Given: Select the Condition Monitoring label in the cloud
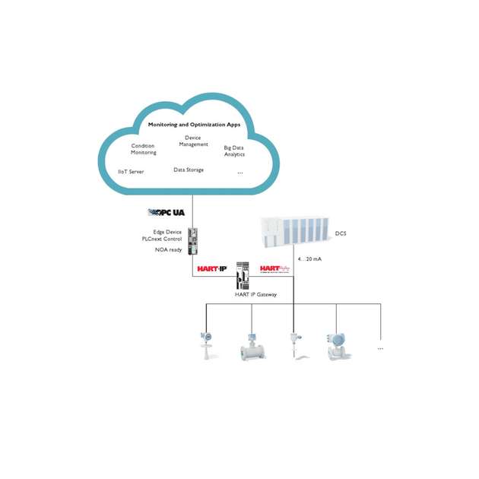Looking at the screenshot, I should (x=143, y=149).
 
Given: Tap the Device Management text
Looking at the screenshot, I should (x=192, y=141).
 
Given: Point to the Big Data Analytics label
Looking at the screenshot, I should (x=234, y=151).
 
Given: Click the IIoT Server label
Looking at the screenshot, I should (x=131, y=172).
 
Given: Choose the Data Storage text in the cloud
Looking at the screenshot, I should (x=189, y=170).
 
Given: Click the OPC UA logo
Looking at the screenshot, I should (x=166, y=212).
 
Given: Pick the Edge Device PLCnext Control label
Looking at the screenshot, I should (x=162, y=235).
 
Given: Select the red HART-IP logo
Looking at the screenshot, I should (x=212, y=268).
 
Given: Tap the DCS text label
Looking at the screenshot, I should (x=341, y=234).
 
